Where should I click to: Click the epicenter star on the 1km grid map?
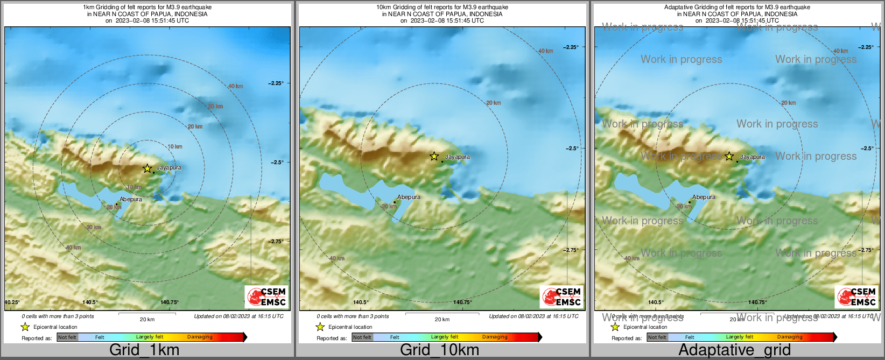[147, 168]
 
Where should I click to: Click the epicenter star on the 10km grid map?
[434, 156]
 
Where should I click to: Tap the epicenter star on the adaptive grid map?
[729, 156]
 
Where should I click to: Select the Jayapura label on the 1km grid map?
[168, 168]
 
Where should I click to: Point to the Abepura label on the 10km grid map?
[409, 197]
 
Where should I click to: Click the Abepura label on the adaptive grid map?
[704, 197]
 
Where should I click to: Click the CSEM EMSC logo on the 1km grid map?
[267, 297]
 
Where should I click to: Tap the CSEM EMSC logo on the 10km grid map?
[562, 297]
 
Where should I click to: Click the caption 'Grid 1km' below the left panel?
[144, 350]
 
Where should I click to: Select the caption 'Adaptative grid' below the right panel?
[734, 350]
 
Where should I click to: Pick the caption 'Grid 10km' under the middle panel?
[439, 350]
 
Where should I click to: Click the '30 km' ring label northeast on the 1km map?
[215, 107]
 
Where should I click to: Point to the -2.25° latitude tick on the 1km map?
[276, 83]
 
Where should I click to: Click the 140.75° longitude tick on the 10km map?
[462, 302]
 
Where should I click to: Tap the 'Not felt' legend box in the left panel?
[67, 337]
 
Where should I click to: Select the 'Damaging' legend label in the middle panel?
[495, 337]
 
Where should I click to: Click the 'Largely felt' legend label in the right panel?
[740, 337]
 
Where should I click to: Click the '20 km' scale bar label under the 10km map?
[442, 319]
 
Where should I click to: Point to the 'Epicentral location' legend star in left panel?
[25, 327]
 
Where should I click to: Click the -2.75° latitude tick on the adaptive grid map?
[866, 250]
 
